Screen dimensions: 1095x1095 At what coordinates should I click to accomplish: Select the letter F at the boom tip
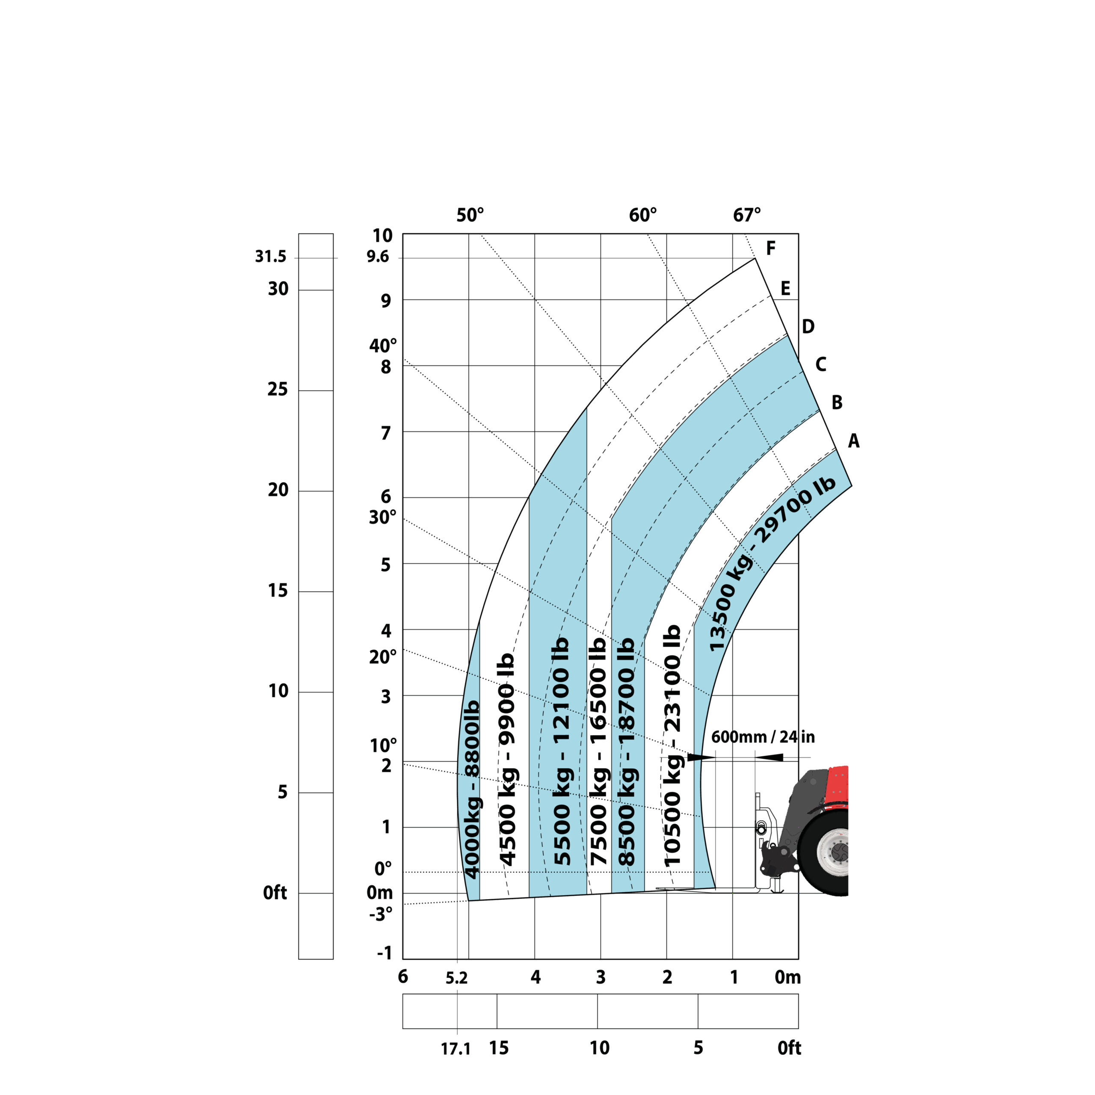click(x=770, y=248)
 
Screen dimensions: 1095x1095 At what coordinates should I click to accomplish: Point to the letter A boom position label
click(x=854, y=441)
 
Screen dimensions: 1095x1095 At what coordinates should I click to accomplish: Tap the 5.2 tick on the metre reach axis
click(x=456, y=978)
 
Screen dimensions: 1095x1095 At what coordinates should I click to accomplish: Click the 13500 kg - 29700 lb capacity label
click(x=772, y=563)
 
